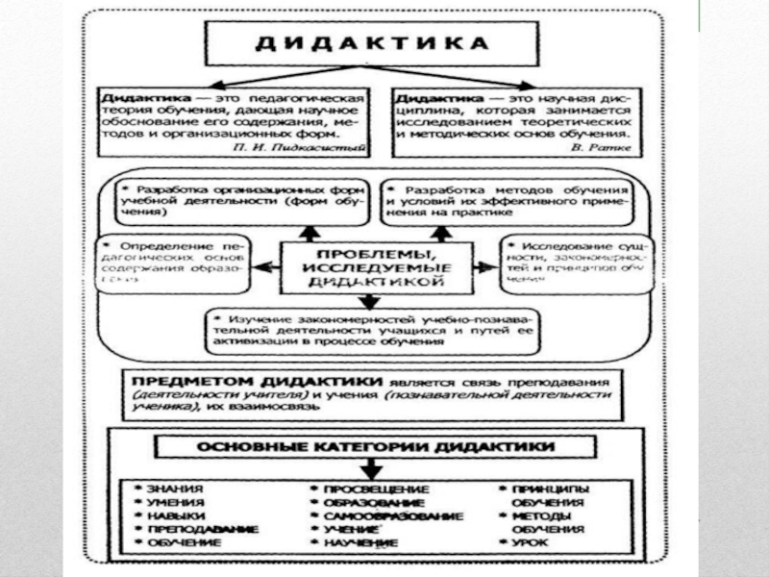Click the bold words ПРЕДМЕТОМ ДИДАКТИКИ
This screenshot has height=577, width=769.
pyautogui.click(x=237, y=380)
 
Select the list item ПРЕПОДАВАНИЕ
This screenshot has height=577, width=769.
pyautogui.click(x=189, y=530)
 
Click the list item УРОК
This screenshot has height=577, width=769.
pyautogui.click(x=529, y=543)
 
